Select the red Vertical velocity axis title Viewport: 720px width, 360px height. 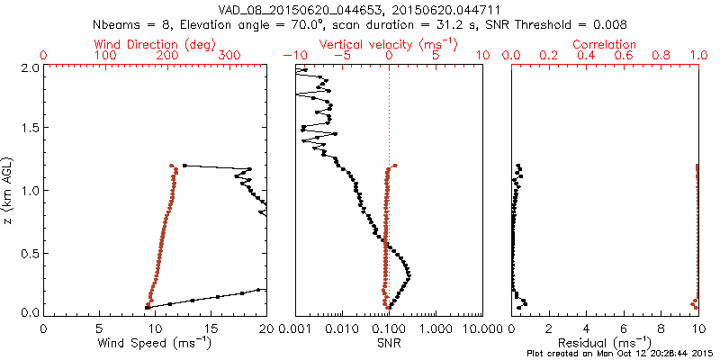(x=388, y=43)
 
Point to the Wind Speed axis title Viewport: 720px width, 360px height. (x=155, y=343)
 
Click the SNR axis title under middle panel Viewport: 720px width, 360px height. (x=388, y=343)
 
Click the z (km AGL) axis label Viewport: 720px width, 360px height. (x=10, y=189)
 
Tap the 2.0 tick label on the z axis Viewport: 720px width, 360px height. (x=30, y=67)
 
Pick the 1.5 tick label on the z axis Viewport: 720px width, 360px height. (x=30, y=129)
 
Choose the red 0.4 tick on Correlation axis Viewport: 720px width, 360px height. (x=586, y=56)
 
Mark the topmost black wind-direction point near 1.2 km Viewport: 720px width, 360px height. (x=184, y=166)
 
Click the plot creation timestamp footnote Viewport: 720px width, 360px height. (x=621, y=354)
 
